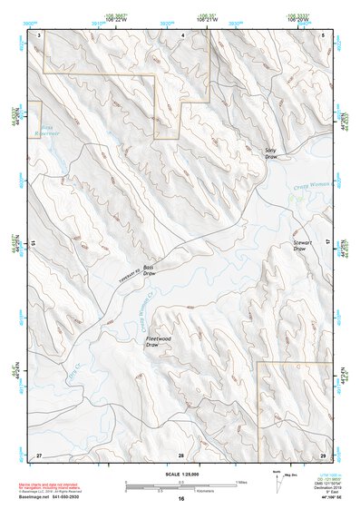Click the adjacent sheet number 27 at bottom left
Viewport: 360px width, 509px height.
[39, 454]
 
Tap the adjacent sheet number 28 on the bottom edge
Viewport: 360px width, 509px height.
[181, 454]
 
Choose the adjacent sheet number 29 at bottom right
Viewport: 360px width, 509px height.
[322, 454]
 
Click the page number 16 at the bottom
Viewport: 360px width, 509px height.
[181, 498]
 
